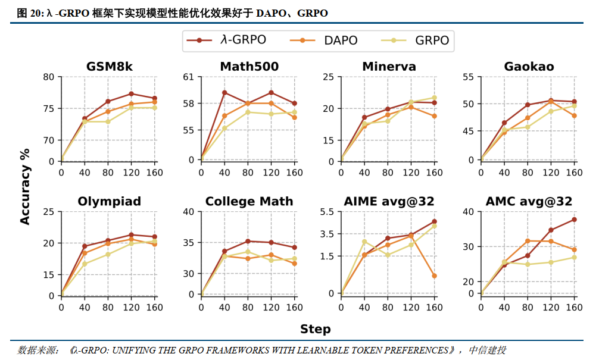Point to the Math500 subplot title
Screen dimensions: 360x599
[249, 66]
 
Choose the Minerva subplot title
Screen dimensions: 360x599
[389, 66]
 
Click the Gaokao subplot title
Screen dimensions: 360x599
[529, 66]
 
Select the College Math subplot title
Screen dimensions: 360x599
[249, 201]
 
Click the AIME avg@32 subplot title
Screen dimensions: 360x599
[389, 201]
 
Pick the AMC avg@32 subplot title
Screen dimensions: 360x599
[529, 201]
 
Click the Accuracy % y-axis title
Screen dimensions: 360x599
[25, 186]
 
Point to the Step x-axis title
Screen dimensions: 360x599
[315, 329]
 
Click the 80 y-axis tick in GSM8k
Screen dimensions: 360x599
[48, 77]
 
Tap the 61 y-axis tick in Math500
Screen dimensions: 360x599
[188, 77]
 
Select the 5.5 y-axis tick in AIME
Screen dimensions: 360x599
[327, 211]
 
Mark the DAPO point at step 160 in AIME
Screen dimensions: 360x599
[434, 276]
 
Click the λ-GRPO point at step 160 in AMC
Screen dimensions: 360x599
[574, 220]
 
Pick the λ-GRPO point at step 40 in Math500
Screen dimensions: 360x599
[224, 92]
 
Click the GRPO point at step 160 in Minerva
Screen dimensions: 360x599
[434, 98]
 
